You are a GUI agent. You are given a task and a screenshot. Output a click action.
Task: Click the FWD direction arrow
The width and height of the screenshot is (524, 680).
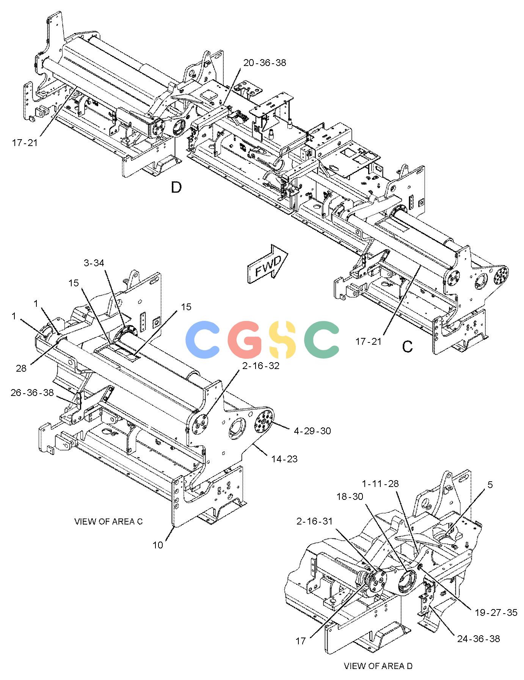[268, 264]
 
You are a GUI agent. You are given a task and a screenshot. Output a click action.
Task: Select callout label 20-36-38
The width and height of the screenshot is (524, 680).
[265, 63]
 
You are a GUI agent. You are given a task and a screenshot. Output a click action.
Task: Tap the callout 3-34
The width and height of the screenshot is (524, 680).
[94, 263]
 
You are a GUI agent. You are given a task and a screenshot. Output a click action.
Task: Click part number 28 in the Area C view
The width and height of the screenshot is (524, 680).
[21, 368]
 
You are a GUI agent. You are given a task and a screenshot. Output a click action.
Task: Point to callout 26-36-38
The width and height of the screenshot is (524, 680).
[32, 393]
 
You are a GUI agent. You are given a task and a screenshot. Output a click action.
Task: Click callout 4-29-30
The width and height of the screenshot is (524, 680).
[312, 431]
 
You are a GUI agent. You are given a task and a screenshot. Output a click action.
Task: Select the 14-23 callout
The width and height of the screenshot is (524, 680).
[284, 459]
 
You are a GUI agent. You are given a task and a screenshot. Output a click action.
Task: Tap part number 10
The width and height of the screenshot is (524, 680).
[158, 545]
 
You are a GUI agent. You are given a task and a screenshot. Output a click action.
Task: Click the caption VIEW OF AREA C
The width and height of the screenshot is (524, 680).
[108, 521]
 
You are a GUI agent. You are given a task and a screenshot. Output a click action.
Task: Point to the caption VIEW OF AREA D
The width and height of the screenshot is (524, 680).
[378, 666]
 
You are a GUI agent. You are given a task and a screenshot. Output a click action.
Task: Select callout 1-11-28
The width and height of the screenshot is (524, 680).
[380, 484]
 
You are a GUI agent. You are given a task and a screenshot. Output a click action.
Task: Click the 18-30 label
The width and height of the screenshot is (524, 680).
[350, 496]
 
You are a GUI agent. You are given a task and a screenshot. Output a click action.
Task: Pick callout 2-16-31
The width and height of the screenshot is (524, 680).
[314, 521]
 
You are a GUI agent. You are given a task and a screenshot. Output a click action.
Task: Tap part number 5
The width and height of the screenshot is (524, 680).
[490, 485]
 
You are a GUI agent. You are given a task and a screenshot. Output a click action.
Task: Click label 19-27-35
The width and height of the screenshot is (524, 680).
[496, 612]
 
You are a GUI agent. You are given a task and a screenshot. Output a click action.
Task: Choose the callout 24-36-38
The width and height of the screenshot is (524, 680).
[479, 639]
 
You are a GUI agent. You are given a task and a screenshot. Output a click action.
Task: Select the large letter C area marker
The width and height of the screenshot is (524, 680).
[408, 346]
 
